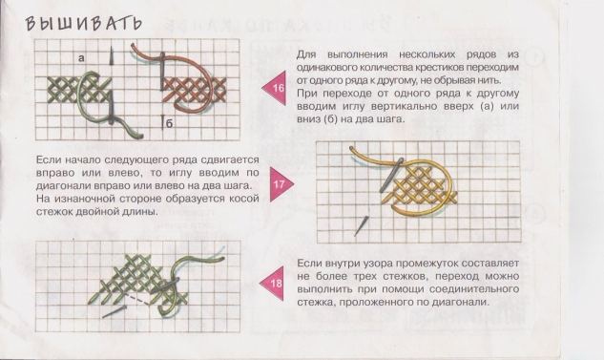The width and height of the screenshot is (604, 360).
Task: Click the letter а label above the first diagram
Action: pyautogui.click(x=84, y=59)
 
